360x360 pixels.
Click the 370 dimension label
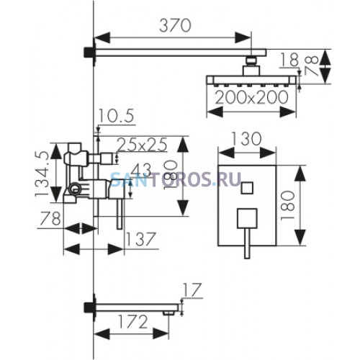[x=175, y=26]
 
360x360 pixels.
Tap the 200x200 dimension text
[x=251, y=98]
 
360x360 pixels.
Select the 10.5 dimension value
[x=116, y=117]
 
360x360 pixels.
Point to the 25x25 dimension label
[x=142, y=145]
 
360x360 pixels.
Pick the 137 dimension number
[x=141, y=239]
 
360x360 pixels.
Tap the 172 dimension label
[x=132, y=322]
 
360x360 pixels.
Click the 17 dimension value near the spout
[x=192, y=289]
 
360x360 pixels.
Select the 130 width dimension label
[x=246, y=139]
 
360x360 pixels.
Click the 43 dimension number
[x=142, y=170]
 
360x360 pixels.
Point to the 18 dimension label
[x=289, y=60]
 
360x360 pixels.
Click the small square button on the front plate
[x=247, y=188]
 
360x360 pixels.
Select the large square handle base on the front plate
[x=247, y=218]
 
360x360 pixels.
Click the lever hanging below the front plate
[x=247, y=243]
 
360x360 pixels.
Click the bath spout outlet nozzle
[x=168, y=312]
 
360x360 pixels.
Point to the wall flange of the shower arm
[x=89, y=53]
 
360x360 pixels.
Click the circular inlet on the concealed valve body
[x=75, y=188]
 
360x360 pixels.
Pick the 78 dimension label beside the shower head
[x=312, y=66]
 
